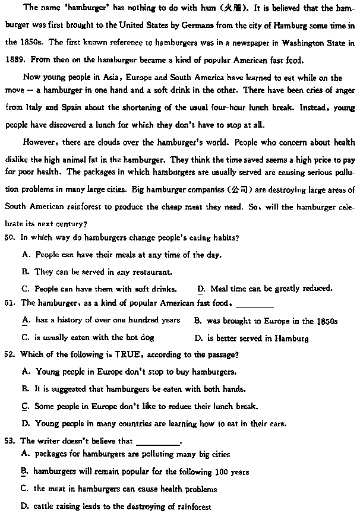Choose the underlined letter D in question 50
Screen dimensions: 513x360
tap(201, 289)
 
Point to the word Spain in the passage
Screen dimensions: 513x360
tap(68, 108)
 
